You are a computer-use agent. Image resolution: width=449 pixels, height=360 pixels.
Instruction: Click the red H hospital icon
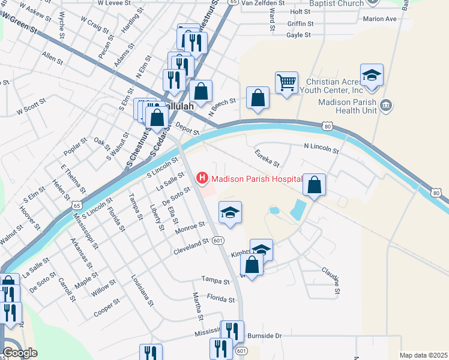pos(202,178)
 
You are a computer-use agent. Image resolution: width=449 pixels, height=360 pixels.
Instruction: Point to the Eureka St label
pos(267,158)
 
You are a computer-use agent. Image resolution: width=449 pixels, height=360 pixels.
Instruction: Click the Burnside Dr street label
pos(262,335)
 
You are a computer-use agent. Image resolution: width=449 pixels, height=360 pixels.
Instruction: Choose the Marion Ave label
pos(380,19)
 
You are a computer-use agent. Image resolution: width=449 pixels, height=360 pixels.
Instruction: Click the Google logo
pos(20,353)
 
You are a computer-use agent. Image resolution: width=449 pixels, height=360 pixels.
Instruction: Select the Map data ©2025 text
pos(423,355)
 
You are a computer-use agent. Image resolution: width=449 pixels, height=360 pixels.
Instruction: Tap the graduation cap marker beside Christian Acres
pos(372,76)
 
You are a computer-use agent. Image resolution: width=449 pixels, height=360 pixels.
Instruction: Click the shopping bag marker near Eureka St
pos(314,185)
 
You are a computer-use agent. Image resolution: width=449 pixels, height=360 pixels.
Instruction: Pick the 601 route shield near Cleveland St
pos(218,241)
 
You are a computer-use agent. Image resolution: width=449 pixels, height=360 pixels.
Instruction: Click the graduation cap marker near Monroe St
pos(230,213)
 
